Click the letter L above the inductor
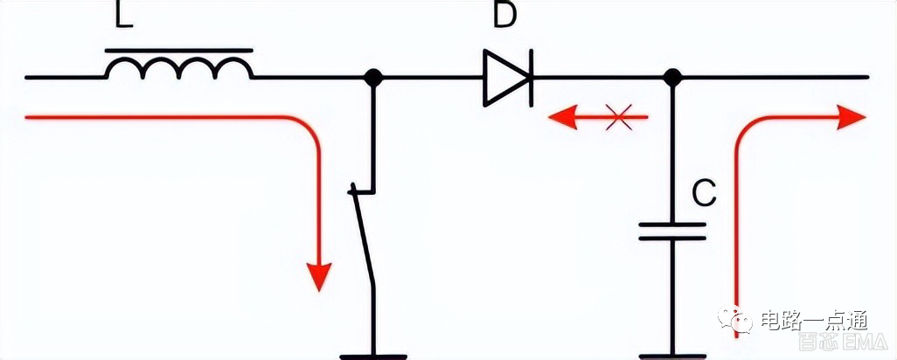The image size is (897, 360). (124, 16)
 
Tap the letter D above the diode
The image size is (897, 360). (504, 16)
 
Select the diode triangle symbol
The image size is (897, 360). (505, 78)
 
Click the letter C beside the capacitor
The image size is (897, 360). (705, 195)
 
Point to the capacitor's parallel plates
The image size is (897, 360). (671, 231)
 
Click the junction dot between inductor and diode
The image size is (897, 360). (374, 78)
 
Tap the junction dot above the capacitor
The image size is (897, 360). (671, 78)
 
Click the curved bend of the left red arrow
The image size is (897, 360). (306, 131)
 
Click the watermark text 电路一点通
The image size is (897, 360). (813, 319)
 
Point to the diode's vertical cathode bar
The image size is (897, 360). (530, 78)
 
